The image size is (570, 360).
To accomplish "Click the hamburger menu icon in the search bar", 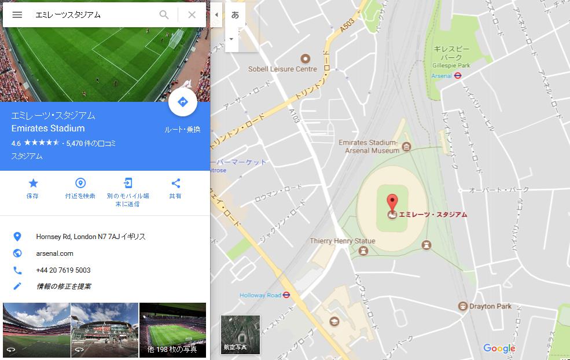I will tap(17, 15).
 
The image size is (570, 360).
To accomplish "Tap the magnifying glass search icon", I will tap(164, 15).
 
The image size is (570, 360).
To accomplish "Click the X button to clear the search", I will tap(192, 15).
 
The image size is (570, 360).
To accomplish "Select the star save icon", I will tap(33, 183).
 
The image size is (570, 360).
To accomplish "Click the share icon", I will tap(175, 183).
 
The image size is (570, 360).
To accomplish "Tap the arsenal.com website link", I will tap(54, 254).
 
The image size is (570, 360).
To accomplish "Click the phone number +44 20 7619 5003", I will tap(63, 270).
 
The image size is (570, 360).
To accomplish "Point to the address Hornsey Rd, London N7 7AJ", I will tap(90, 237).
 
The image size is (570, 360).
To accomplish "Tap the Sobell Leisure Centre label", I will tap(282, 69).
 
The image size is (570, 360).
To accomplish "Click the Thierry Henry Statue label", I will tap(343, 241).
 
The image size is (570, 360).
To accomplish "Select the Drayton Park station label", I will tap(490, 306).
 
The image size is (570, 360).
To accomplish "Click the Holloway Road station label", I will tap(260, 295).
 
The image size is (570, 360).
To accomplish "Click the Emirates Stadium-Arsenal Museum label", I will tap(369, 146).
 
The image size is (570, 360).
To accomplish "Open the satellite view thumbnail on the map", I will tap(240, 335).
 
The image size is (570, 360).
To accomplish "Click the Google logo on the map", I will tap(499, 348).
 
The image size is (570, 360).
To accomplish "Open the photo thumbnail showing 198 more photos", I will tap(172, 330).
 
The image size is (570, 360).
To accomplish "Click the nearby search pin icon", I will tap(80, 183).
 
